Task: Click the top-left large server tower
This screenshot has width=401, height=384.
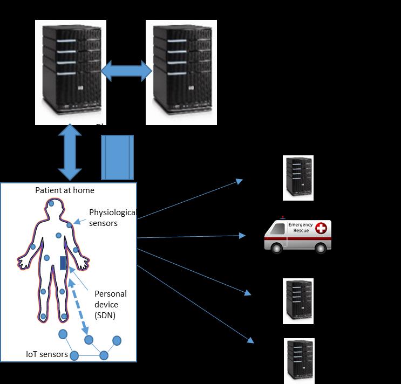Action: coord(71,72)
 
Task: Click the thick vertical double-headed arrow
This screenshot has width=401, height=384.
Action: coord(71,153)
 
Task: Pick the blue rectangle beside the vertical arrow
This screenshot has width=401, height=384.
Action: coord(117,157)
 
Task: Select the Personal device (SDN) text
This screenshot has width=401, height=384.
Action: coord(110,304)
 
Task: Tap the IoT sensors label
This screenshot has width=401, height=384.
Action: coord(46,354)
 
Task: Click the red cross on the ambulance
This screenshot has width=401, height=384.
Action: coord(321,229)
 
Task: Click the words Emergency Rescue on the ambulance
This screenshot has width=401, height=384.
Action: coord(300,227)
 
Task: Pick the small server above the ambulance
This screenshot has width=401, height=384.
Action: coord(298,178)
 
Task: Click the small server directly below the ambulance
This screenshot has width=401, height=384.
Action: coord(298,301)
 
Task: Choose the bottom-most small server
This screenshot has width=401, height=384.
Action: coord(300,361)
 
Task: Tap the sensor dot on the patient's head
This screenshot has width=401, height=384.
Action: coord(51,204)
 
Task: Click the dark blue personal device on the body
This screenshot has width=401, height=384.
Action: coord(63,263)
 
